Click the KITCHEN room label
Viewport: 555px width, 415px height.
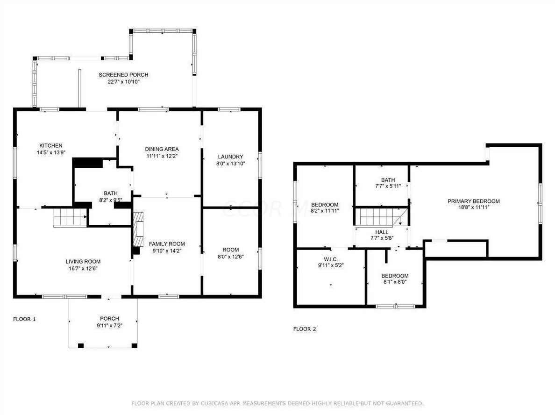click(x=51, y=145)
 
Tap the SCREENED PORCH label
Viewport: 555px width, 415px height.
click(x=123, y=75)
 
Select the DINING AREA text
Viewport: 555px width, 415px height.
click(x=162, y=149)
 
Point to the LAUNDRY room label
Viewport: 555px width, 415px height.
click(x=230, y=157)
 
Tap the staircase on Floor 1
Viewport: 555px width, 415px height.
click(x=70, y=217)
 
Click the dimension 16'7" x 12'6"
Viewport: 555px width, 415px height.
click(x=83, y=268)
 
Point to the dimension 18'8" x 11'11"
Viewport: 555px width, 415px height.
click(x=474, y=207)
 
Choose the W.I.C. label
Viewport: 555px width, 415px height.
click(x=331, y=259)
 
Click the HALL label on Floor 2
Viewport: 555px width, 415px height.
click(x=382, y=232)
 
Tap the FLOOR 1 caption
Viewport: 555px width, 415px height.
click(x=24, y=319)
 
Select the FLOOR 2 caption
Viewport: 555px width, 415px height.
click(x=305, y=329)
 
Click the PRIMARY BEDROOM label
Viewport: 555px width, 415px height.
click(x=474, y=201)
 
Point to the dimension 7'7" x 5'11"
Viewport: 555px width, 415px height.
click(x=388, y=186)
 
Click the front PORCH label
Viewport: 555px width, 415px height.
click(x=109, y=319)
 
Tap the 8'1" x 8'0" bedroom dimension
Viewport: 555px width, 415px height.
click(x=395, y=282)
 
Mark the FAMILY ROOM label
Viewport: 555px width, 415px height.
click(x=167, y=244)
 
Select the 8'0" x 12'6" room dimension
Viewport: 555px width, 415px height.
click(x=230, y=257)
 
